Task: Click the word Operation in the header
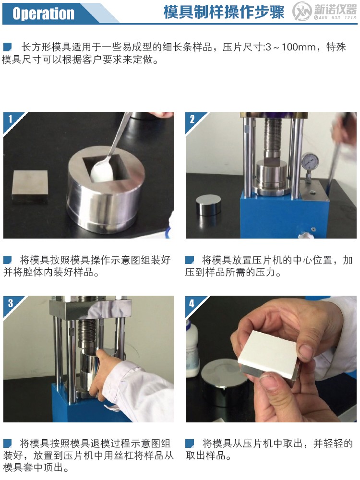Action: [x=43, y=13]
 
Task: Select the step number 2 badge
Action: [x=192, y=119]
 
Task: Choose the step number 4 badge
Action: [x=192, y=303]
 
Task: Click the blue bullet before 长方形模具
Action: [x=7, y=47]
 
